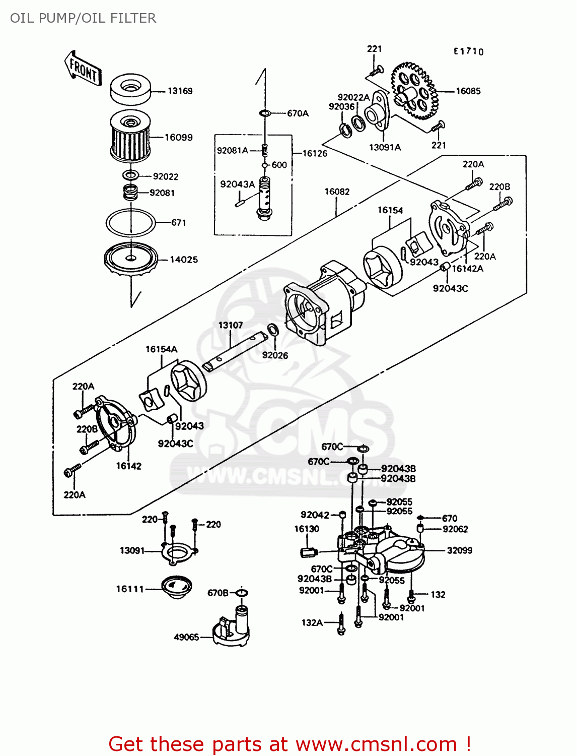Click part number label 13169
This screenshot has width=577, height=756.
click(x=180, y=91)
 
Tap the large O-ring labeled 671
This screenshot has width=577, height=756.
click(x=130, y=222)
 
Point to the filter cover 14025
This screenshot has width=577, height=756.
click(x=130, y=259)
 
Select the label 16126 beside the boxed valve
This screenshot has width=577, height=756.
click(x=315, y=153)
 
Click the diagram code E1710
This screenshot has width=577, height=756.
click(x=468, y=51)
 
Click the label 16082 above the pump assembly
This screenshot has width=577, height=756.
click(x=337, y=192)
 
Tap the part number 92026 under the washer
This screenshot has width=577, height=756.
click(x=275, y=355)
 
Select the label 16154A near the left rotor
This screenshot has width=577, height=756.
click(x=162, y=349)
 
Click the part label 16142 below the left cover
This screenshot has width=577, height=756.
click(x=129, y=466)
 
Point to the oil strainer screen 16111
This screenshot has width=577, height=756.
click(x=177, y=587)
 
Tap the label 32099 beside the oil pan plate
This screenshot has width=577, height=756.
click(x=460, y=550)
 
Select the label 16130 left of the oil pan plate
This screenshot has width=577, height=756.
click(x=307, y=529)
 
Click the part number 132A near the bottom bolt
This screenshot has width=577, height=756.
click(x=312, y=622)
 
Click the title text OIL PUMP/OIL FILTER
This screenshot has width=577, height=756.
click(x=83, y=18)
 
